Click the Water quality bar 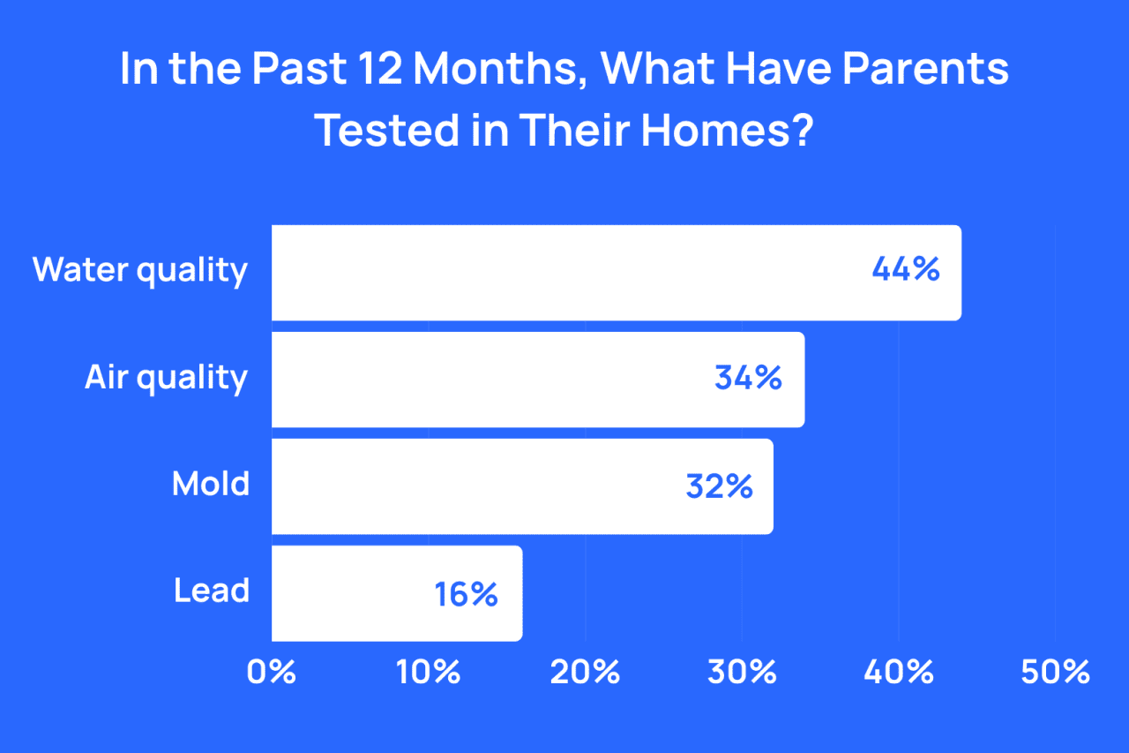point(616,273)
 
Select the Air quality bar point(537,380)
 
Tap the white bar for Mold point(521,486)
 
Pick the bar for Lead point(396,593)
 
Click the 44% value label point(906,270)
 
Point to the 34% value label point(748,378)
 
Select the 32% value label point(719,486)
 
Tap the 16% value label point(467,593)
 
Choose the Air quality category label point(166,379)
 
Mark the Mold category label point(211,485)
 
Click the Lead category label point(212,591)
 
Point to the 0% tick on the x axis point(272,673)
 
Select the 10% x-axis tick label point(429,673)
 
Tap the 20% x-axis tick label point(585,673)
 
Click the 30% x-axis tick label point(742,673)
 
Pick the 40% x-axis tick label point(899,673)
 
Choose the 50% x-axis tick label point(1055,673)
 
